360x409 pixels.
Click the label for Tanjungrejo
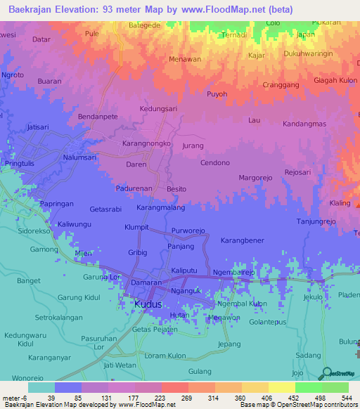(x=316, y=221)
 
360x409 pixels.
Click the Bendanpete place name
(x=97, y=115)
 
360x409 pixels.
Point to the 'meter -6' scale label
(x=14, y=398)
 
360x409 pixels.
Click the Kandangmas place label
(x=304, y=124)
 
